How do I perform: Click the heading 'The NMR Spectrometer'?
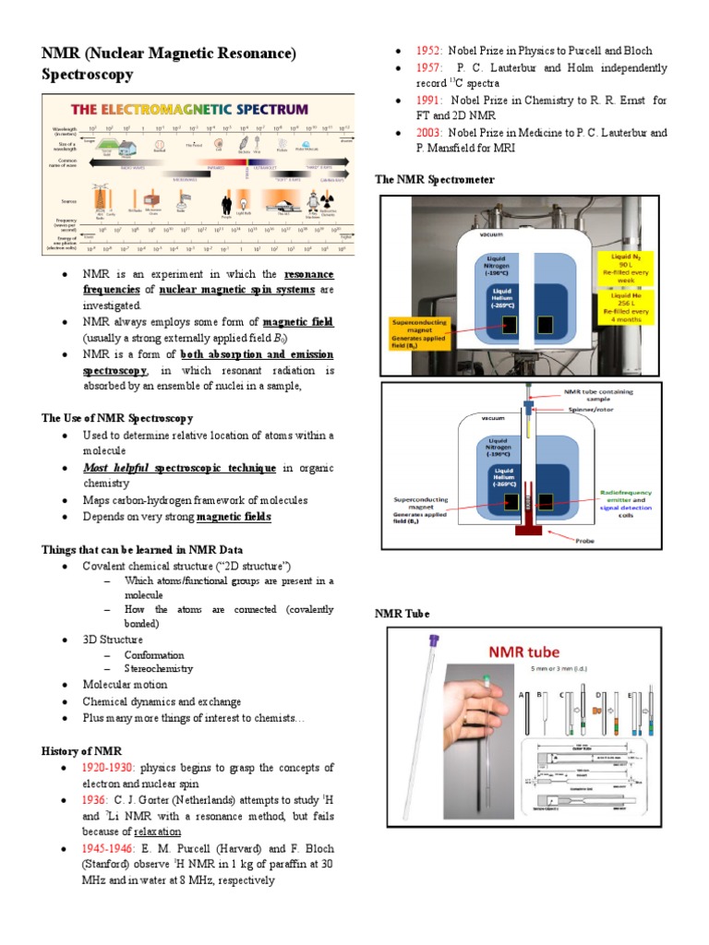tap(434, 179)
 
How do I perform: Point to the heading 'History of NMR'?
tap(81, 750)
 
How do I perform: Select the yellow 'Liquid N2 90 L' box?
tap(631, 267)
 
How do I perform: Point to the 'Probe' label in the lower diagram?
tap(586, 540)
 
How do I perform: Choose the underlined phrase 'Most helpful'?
tap(116, 469)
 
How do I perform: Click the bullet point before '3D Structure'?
tap(64, 639)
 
